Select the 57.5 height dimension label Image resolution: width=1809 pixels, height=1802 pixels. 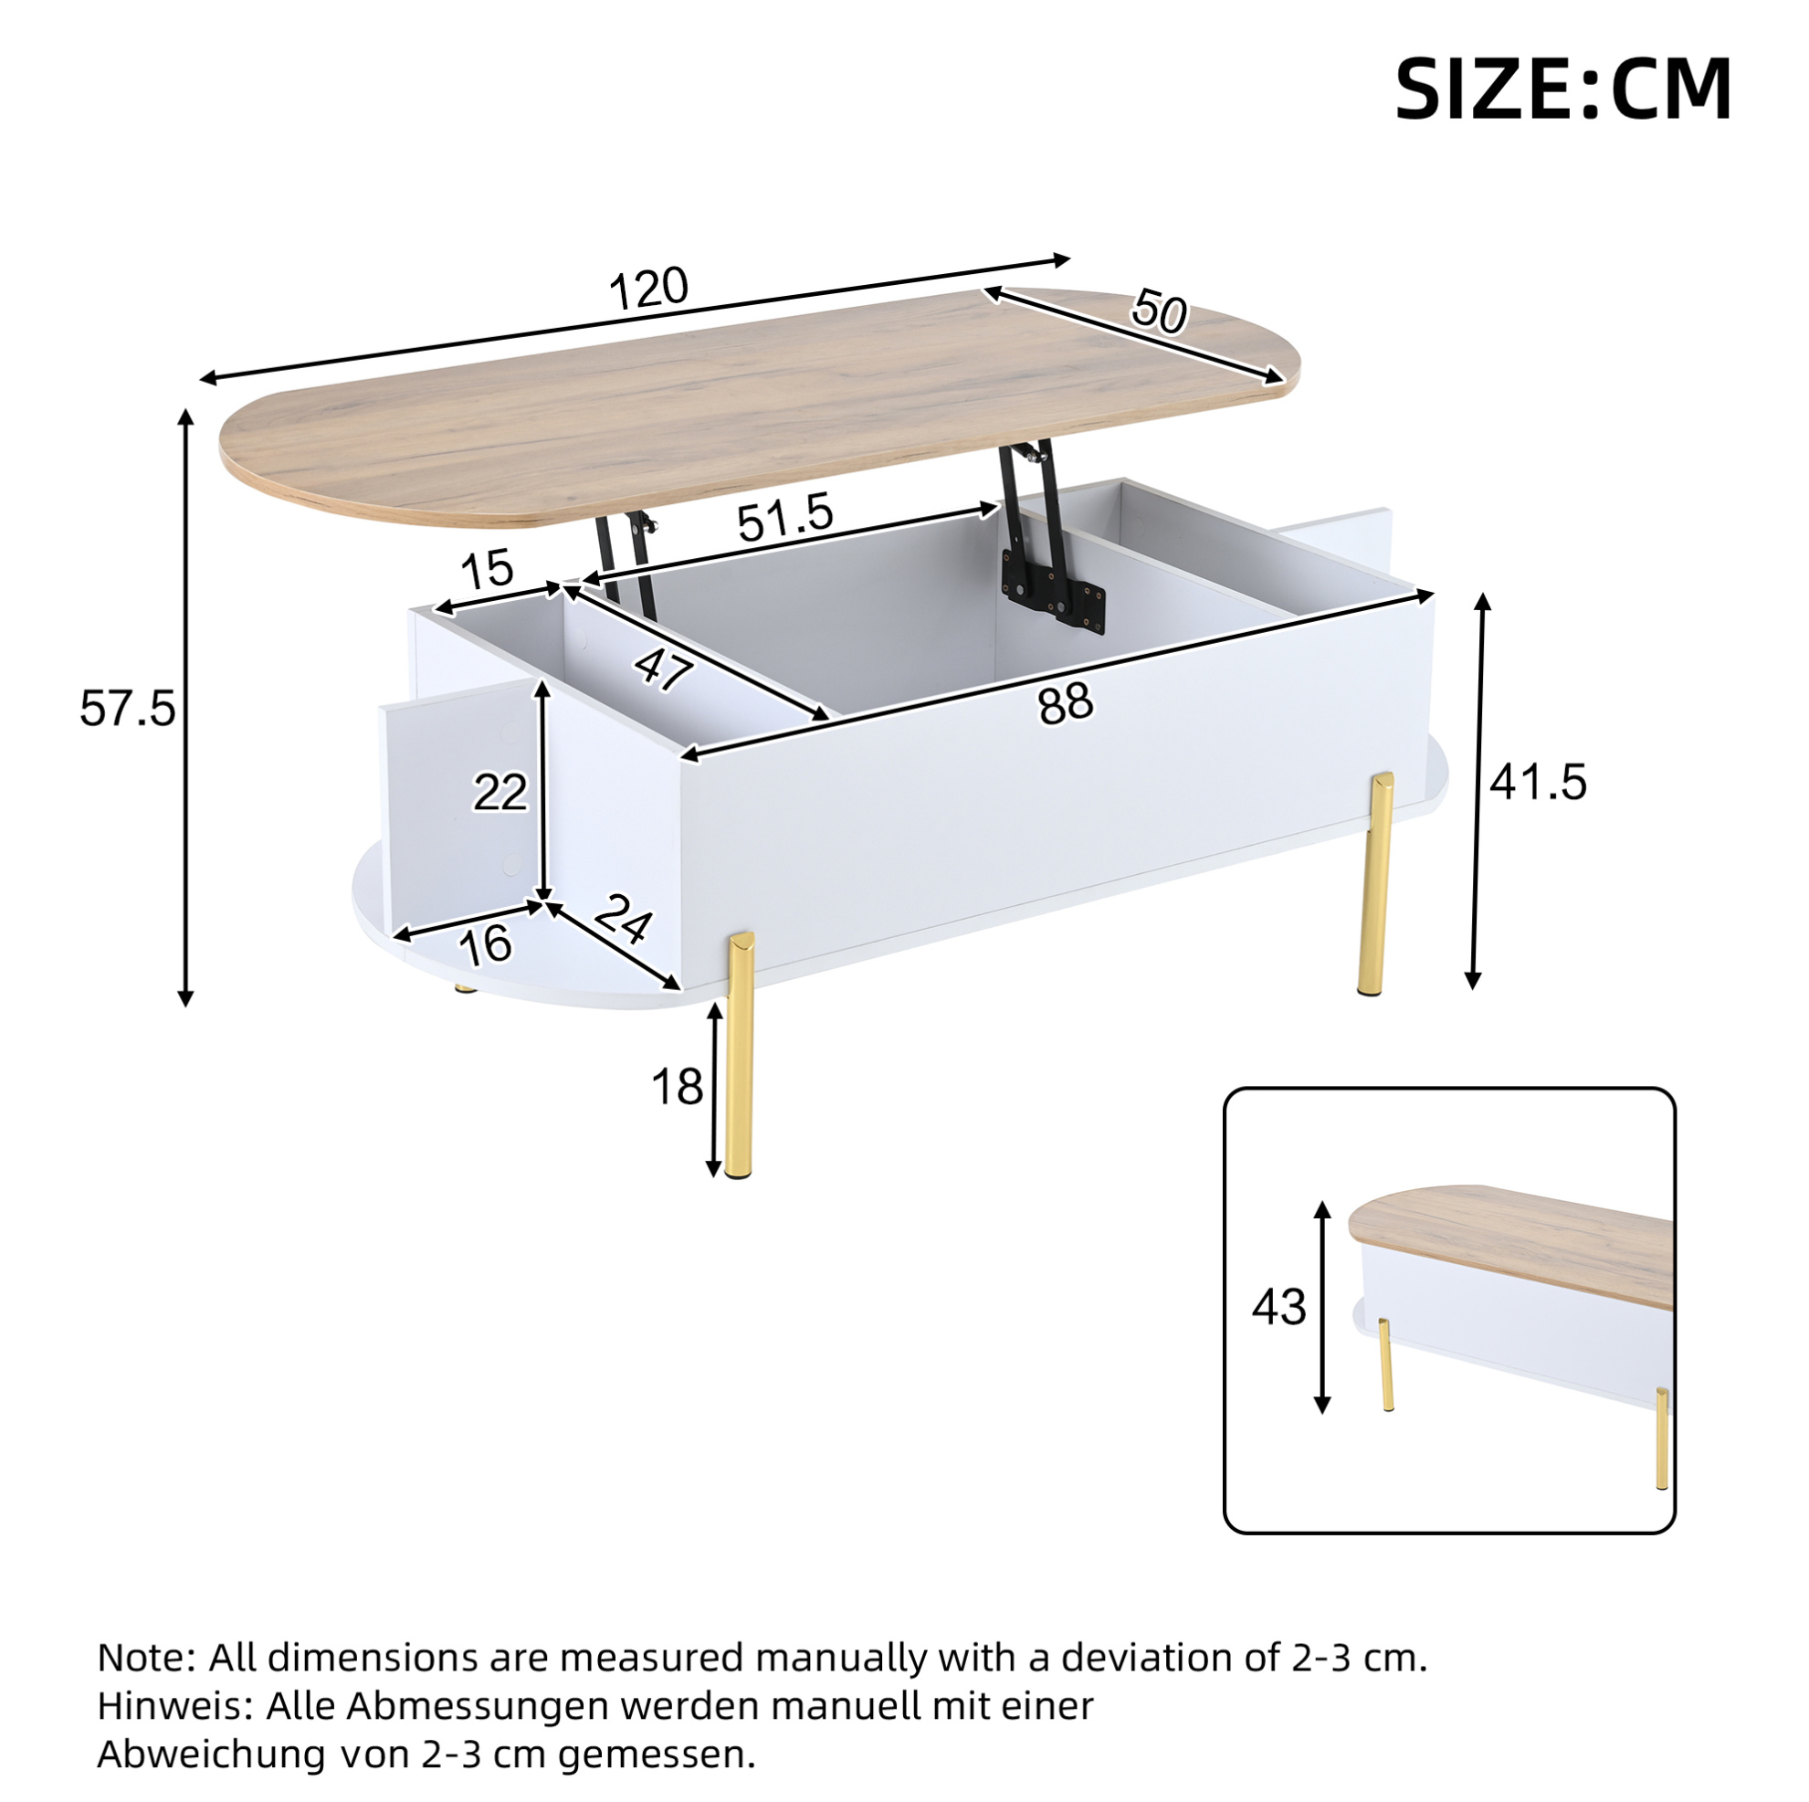127,708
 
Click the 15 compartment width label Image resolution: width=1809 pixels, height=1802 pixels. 488,568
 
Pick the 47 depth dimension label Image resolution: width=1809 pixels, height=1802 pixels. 663,669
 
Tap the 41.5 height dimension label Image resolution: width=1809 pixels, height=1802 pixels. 1539,781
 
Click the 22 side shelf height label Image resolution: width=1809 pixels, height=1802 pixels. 500,794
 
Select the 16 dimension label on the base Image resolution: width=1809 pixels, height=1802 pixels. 485,944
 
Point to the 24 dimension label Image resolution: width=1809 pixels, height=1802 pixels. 623,918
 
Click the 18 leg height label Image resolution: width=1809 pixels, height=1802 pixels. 677,1088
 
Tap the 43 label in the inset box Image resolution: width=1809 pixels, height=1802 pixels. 1279,1307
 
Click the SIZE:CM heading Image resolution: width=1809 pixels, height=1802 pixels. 1562,90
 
